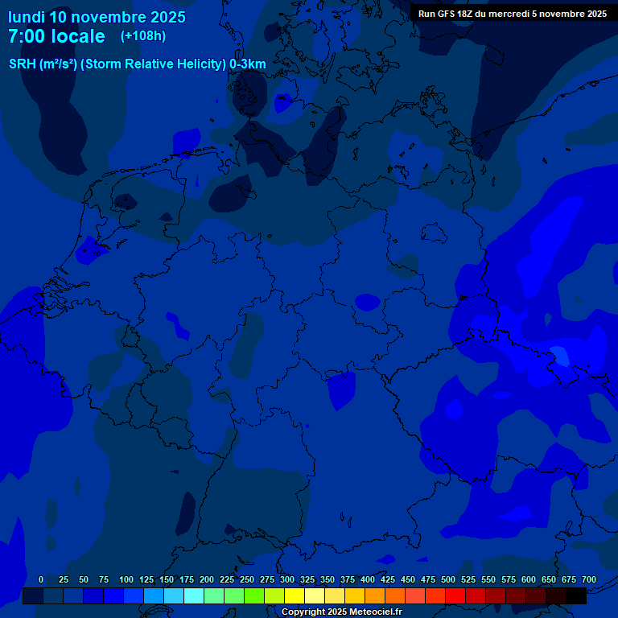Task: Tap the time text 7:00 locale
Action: click(x=56, y=36)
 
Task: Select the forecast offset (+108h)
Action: click(x=143, y=36)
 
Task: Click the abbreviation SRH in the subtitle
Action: click(x=23, y=64)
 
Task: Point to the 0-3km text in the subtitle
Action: click(x=248, y=64)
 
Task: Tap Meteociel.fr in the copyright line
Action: click(x=372, y=612)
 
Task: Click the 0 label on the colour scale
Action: click(x=41, y=580)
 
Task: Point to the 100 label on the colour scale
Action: click(x=126, y=580)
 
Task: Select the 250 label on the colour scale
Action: click(x=247, y=580)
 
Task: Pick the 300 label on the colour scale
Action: click(x=287, y=580)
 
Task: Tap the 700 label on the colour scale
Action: click(x=589, y=580)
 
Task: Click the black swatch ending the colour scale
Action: click(x=576, y=596)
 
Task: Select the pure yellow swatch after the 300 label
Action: click(x=295, y=596)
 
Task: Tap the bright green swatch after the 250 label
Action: click(x=254, y=596)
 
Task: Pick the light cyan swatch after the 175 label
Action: click(x=194, y=596)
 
